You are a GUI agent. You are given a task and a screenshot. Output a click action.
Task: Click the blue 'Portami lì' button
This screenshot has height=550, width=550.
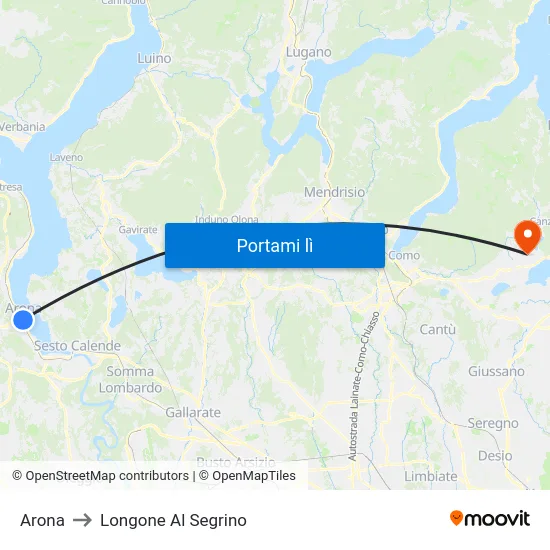[x=274, y=245]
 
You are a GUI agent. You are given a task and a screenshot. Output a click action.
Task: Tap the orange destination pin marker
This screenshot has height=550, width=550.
[x=526, y=236]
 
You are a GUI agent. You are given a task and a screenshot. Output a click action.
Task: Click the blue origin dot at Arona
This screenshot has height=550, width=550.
[x=22, y=320]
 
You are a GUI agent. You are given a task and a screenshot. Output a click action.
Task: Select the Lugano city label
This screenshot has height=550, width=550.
[x=308, y=52]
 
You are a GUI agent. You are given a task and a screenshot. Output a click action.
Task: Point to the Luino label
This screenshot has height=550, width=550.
[x=154, y=59]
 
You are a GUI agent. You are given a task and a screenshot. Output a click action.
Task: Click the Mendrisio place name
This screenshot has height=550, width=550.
[x=334, y=192]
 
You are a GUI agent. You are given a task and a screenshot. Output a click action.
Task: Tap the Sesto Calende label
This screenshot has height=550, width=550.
[x=77, y=346]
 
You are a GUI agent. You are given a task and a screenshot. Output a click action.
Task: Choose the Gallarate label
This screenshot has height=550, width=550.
[x=193, y=412]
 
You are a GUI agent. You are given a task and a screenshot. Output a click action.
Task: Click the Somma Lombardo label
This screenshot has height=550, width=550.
[x=130, y=380]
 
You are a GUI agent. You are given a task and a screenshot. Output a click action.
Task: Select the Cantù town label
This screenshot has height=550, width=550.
[x=437, y=329]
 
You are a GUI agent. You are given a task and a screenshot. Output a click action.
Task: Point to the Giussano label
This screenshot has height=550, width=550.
[x=496, y=371]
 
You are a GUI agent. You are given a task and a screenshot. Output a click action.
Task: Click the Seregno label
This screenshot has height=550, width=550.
[x=493, y=424]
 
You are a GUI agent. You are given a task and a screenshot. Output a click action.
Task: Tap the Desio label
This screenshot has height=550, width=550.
[x=495, y=455]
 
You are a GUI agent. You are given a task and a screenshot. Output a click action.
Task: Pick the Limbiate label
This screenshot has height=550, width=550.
[x=430, y=476]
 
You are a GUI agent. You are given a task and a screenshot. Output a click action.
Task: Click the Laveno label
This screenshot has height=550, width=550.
[x=66, y=158]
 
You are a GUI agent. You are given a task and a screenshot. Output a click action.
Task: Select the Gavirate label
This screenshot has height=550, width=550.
[x=138, y=229]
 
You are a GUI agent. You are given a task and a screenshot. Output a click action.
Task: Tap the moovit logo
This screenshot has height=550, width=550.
[x=490, y=518]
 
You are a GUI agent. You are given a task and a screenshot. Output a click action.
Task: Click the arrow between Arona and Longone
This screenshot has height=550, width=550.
[x=82, y=520]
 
